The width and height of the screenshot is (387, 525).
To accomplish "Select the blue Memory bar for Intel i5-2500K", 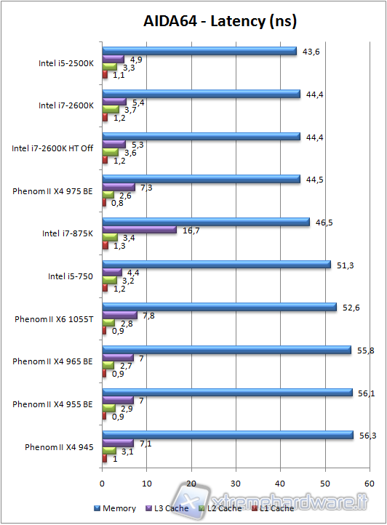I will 199,52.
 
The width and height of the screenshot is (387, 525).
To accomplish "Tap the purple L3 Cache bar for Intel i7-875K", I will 140,230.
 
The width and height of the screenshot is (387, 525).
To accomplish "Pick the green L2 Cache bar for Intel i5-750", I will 110,280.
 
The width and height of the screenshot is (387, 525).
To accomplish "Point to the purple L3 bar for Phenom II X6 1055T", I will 120,315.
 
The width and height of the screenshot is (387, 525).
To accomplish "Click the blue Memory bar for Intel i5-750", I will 216,265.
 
